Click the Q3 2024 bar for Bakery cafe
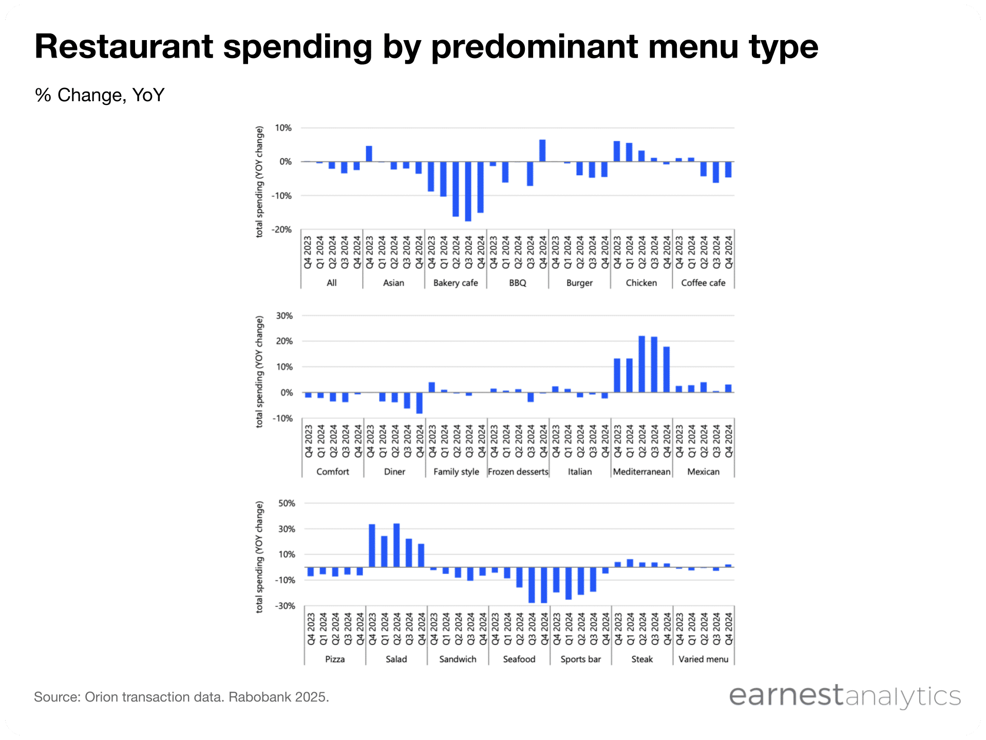pyautogui.click(x=468, y=191)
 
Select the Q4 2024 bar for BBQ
pyautogui.click(x=542, y=151)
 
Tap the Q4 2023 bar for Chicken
pyautogui.click(x=617, y=151)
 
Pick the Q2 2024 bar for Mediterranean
pyautogui.click(x=642, y=364)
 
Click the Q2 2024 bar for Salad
pyautogui.click(x=396, y=545)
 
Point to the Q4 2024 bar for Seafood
pyautogui.click(x=544, y=585)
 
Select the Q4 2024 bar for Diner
pyautogui.click(x=420, y=403)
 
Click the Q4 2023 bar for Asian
pyautogui.click(x=369, y=154)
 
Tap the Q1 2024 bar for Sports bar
pyautogui.click(x=568, y=583)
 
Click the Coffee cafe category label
pyautogui.click(x=703, y=283)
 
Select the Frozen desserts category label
pyautogui.click(x=518, y=472)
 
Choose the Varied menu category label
pyautogui.click(x=703, y=659)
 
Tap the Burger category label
pyautogui.click(x=579, y=283)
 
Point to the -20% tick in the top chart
pyautogui.click(x=282, y=230)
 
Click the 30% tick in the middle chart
pyautogui.click(x=284, y=316)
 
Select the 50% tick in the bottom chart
pyautogui.click(x=287, y=503)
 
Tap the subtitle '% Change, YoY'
pyautogui.click(x=100, y=95)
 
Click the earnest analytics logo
pyautogui.click(x=845, y=696)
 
